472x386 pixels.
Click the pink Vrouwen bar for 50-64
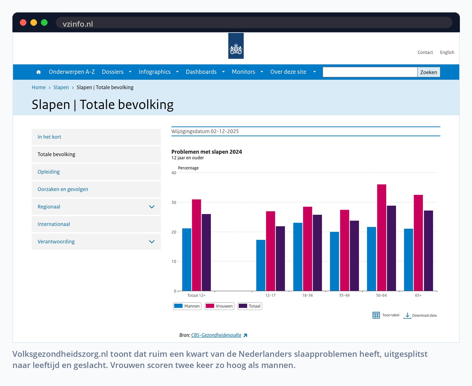pyautogui.click(x=381, y=237)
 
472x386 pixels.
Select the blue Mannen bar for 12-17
pyautogui.click(x=261, y=265)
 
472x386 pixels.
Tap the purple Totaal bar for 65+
pyautogui.click(x=428, y=251)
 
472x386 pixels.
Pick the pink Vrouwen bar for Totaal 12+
pyautogui.click(x=196, y=245)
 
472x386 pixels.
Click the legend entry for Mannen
pyautogui.click(x=187, y=306)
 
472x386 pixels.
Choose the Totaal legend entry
pyautogui.click(x=250, y=306)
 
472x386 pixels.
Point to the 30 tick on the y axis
pyautogui.click(x=174, y=202)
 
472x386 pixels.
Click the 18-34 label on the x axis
pyautogui.click(x=307, y=295)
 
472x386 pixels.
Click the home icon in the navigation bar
pyautogui.click(x=39, y=72)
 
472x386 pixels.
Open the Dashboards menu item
pyautogui.click(x=201, y=72)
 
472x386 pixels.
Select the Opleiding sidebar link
pyautogui.click(x=48, y=172)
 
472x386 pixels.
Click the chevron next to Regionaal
pyautogui.click(x=152, y=207)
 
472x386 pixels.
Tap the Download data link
pyautogui.click(x=420, y=315)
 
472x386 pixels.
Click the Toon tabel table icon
pyautogui.click(x=376, y=315)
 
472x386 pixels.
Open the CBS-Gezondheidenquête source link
pyautogui.click(x=216, y=335)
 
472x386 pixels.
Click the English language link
pyautogui.click(x=447, y=52)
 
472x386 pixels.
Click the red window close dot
pyautogui.click(x=23, y=23)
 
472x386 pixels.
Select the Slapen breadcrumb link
pyautogui.click(x=61, y=88)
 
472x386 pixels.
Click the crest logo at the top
pyautogui.click(x=236, y=46)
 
